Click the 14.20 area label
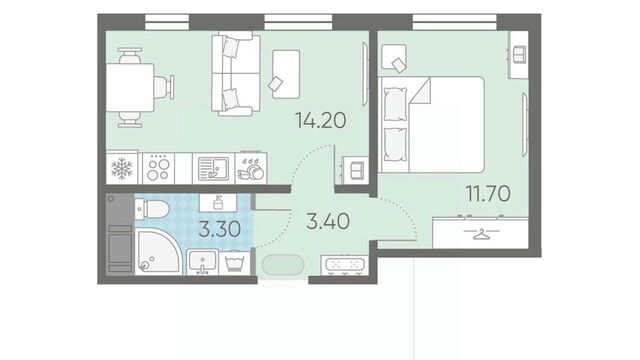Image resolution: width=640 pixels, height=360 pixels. click(x=321, y=120)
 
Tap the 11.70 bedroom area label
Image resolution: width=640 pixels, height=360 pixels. click(x=488, y=193)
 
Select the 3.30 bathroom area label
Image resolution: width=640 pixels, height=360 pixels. click(x=220, y=229)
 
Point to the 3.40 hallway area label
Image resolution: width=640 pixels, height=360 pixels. click(x=328, y=222)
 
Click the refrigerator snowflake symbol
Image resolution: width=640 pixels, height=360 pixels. click(x=122, y=169)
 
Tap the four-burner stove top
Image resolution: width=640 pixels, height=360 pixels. click(x=158, y=168)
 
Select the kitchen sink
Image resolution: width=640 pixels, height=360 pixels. click(x=213, y=168)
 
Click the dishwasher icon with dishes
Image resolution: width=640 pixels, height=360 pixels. click(x=251, y=168)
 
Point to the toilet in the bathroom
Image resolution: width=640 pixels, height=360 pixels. click(x=151, y=209)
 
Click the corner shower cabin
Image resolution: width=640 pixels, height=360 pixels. click(x=157, y=252)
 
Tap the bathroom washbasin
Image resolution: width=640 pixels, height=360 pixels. click(x=202, y=262)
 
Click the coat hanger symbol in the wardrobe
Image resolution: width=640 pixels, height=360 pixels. click(x=482, y=234)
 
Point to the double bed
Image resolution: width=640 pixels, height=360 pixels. click(x=431, y=124)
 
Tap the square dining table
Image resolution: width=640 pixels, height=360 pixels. click(x=130, y=87)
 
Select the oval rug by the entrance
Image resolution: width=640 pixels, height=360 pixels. click(x=283, y=265)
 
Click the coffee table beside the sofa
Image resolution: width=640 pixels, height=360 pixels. click(x=286, y=74)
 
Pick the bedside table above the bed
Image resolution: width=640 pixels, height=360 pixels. click(x=394, y=58)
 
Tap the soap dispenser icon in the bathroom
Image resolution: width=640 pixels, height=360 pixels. click(x=218, y=202)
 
